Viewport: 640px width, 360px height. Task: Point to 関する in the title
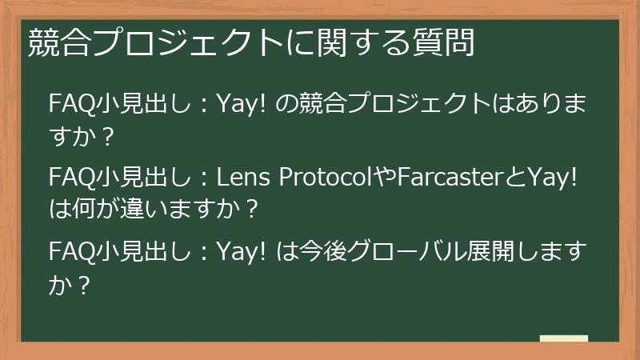[x=351, y=42]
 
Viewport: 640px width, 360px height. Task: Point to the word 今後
[x=317, y=253]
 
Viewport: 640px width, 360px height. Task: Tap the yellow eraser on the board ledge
[x=563, y=339]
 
